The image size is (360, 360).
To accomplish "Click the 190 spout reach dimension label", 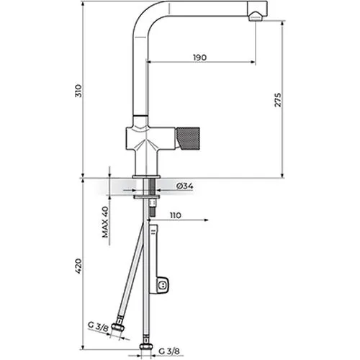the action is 199,58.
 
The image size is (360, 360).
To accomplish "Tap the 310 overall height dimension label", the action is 78,91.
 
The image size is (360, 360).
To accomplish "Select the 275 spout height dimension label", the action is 277,99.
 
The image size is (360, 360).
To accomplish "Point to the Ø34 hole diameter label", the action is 185,186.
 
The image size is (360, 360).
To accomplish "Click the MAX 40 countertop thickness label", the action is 105,222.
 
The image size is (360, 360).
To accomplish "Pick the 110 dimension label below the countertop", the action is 176,215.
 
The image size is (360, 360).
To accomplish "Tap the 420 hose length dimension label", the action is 78,266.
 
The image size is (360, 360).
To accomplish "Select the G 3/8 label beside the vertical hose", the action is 169,351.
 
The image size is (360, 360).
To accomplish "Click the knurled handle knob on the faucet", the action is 188,139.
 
